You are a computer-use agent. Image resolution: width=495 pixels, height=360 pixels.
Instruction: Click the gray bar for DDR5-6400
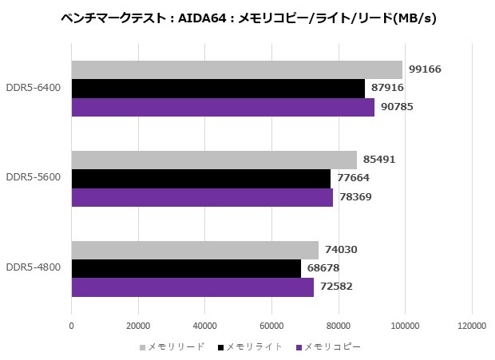[236, 69]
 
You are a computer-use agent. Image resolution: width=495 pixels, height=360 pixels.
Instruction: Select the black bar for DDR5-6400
[218, 89]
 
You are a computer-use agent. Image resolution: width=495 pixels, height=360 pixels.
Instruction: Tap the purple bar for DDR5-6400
[223, 107]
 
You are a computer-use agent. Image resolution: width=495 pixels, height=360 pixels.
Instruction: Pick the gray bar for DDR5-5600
[214, 160]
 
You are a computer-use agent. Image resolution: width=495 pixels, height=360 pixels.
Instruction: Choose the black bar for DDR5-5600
[200, 178]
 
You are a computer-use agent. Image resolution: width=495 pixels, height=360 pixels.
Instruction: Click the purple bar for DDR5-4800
[192, 287]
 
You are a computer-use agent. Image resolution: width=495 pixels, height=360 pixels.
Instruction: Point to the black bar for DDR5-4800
[186, 268]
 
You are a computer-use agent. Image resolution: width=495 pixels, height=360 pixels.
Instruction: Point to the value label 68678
[323, 268]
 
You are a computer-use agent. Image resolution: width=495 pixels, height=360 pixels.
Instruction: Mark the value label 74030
[340, 250]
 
